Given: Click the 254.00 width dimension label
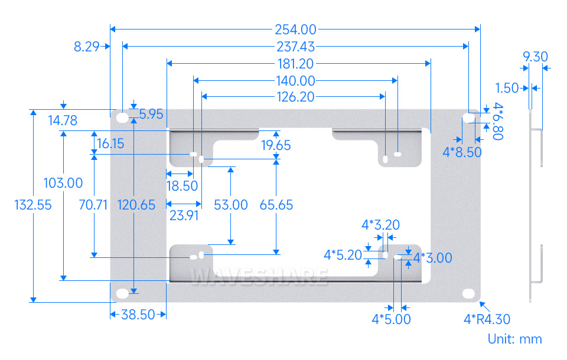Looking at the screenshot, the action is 295,30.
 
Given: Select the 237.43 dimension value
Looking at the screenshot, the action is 295,47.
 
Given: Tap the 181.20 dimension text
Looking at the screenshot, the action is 295,64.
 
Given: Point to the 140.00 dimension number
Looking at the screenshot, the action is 295,81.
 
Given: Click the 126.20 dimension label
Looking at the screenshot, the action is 295,97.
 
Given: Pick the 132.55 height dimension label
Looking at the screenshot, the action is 33,205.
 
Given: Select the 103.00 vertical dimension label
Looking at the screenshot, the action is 63,183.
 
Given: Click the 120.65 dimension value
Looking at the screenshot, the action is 136,205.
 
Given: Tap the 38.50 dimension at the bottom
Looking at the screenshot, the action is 138,315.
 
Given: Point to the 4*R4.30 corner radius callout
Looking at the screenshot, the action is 487,319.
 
